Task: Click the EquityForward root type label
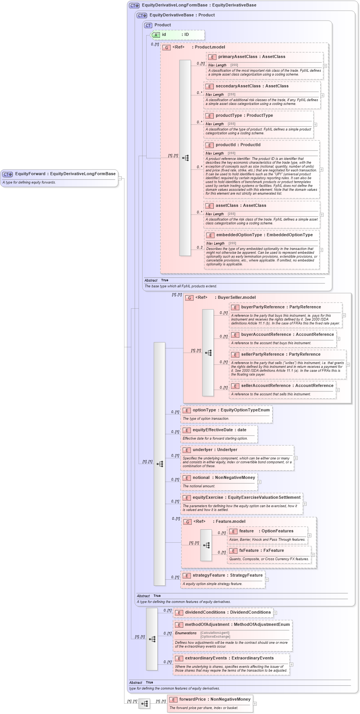65,174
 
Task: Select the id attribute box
178,35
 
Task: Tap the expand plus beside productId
321,169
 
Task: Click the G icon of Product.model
166,47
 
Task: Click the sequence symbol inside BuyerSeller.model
208,353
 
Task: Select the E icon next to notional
187,478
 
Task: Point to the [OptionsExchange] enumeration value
215,637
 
